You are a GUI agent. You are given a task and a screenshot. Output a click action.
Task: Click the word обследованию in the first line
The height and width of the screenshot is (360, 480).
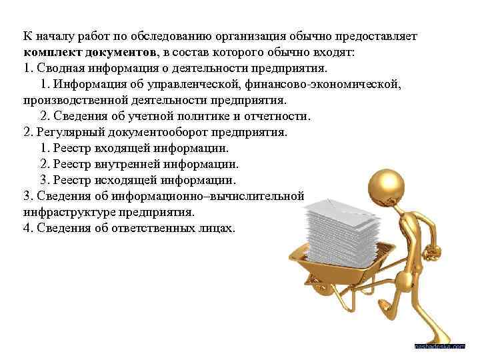point(186,35)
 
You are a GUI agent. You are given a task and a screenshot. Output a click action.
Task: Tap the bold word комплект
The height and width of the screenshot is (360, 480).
point(55,52)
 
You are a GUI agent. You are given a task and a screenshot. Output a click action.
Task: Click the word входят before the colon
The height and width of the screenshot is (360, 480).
point(333,52)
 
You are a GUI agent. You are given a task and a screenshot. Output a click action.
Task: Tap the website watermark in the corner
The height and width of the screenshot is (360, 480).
point(439,347)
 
